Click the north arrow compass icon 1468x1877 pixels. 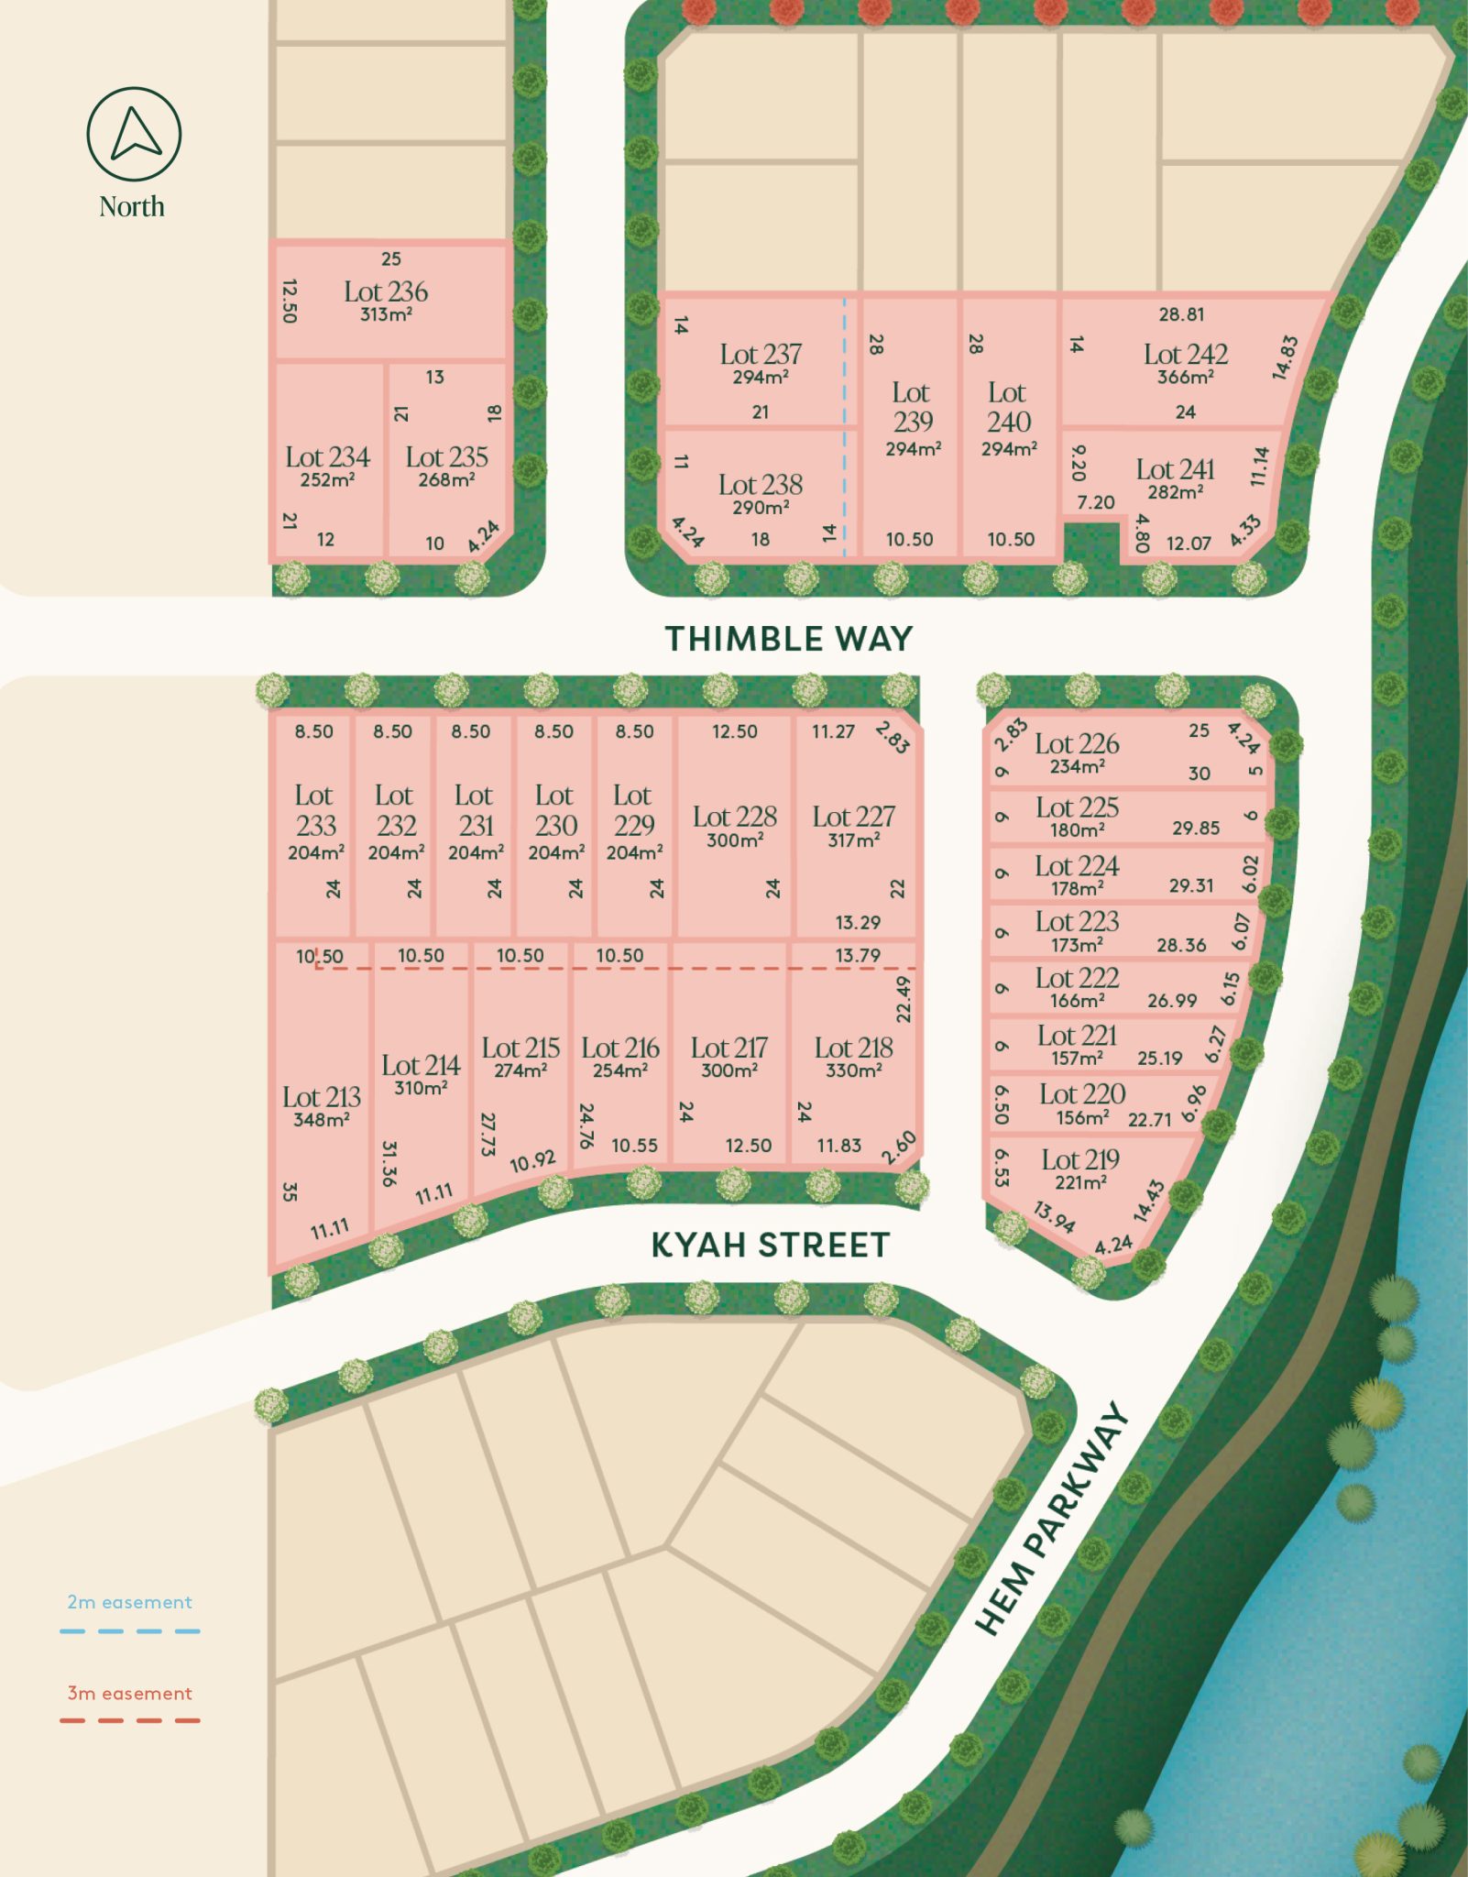pyautogui.click(x=134, y=135)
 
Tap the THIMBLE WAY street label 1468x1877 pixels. pyautogui.click(x=788, y=639)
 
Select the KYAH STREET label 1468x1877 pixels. pyautogui.click(x=770, y=1246)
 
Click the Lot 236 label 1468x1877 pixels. pyautogui.click(x=386, y=291)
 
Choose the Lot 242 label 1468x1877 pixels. pyautogui.click(x=1185, y=354)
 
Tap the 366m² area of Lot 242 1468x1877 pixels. pyautogui.click(x=1185, y=377)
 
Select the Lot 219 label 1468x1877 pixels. pyautogui.click(x=1080, y=1159)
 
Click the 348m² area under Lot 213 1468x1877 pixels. pyautogui.click(x=321, y=1119)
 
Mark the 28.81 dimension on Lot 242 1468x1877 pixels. pyautogui.click(x=1181, y=314)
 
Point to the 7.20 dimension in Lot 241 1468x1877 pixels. pyautogui.click(x=1095, y=502)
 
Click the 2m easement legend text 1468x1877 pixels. pyautogui.click(x=129, y=1602)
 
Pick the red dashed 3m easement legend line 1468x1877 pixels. pyautogui.click(x=129, y=1720)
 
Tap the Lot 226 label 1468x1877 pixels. pyautogui.click(x=1077, y=743)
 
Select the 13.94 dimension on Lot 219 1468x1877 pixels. pyautogui.click(x=1054, y=1217)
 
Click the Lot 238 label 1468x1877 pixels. pyautogui.click(x=760, y=484)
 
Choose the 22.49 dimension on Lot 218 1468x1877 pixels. pyautogui.click(x=904, y=999)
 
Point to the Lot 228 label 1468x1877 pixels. pyautogui.click(x=734, y=816)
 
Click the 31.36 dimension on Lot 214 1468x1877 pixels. pyautogui.click(x=389, y=1163)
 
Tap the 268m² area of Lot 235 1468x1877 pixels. pyautogui.click(x=446, y=479)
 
